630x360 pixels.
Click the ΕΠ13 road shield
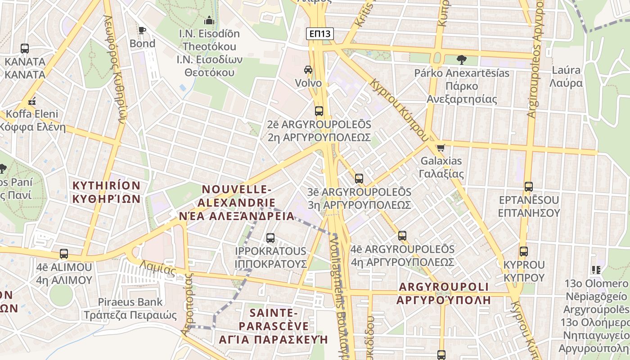coord(320,34)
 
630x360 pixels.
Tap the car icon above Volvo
coord(308,70)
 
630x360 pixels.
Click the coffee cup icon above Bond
coord(142,30)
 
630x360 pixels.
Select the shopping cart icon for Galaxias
coord(441,147)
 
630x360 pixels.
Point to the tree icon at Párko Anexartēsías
coord(461,59)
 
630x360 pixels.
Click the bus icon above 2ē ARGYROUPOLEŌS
coord(319,111)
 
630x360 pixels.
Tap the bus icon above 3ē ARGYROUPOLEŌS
coord(359,179)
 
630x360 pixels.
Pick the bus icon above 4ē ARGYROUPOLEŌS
coord(402,235)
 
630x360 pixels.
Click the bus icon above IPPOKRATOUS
coord(270,238)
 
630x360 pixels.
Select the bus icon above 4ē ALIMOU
coord(64,253)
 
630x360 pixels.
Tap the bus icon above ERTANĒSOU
coord(529,186)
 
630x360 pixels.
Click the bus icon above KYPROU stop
coord(523,252)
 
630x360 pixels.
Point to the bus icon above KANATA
coord(25,48)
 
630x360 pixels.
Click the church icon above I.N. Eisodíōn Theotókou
coord(209,20)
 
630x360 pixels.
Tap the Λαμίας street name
coord(157,268)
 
